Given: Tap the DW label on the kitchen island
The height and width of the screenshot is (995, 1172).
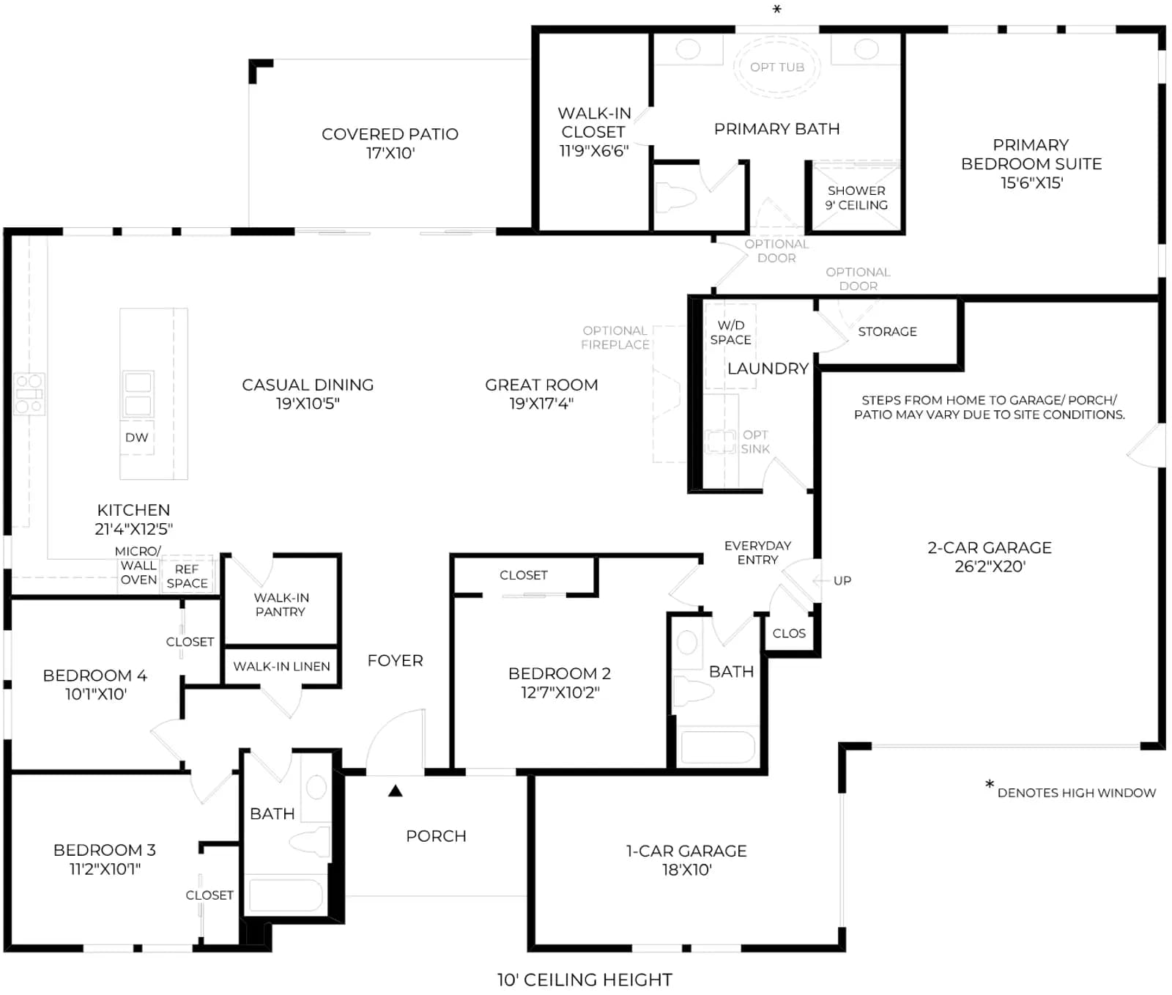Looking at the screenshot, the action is (x=137, y=437).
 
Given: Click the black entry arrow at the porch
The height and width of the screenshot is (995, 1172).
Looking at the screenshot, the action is (x=396, y=791).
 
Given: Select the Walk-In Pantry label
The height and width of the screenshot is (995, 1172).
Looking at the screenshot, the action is (x=281, y=604).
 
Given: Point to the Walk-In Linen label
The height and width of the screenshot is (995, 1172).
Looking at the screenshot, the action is (x=281, y=666).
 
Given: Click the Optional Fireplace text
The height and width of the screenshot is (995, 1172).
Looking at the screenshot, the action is (x=615, y=338).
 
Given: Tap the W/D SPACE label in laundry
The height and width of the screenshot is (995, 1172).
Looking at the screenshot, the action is (x=730, y=333).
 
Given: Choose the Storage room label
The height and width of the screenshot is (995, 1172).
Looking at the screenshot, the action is (x=887, y=332).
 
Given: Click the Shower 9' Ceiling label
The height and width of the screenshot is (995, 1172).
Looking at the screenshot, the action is (x=856, y=198).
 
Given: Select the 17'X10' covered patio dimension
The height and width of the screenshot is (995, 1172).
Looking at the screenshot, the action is (x=390, y=153).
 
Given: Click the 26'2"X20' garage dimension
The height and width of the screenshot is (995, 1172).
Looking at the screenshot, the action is (x=990, y=566).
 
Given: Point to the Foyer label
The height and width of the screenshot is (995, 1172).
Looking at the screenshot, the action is (x=396, y=661).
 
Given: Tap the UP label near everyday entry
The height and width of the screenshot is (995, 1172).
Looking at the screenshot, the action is (x=842, y=581).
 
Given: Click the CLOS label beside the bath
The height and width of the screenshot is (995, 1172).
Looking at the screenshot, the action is (x=789, y=634).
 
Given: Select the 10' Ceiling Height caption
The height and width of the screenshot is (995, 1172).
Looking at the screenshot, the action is (x=585, y=980).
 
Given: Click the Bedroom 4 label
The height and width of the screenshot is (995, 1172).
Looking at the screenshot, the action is (x=95, y=676).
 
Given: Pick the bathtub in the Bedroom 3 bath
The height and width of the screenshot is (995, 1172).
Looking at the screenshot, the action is (x=286, y=895).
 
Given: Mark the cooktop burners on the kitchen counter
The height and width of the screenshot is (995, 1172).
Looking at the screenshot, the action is (x=29, y=393).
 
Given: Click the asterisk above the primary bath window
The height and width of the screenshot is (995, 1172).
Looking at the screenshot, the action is (x=777, y=10).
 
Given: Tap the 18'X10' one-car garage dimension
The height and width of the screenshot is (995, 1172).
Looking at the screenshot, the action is (x=686, y=870).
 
